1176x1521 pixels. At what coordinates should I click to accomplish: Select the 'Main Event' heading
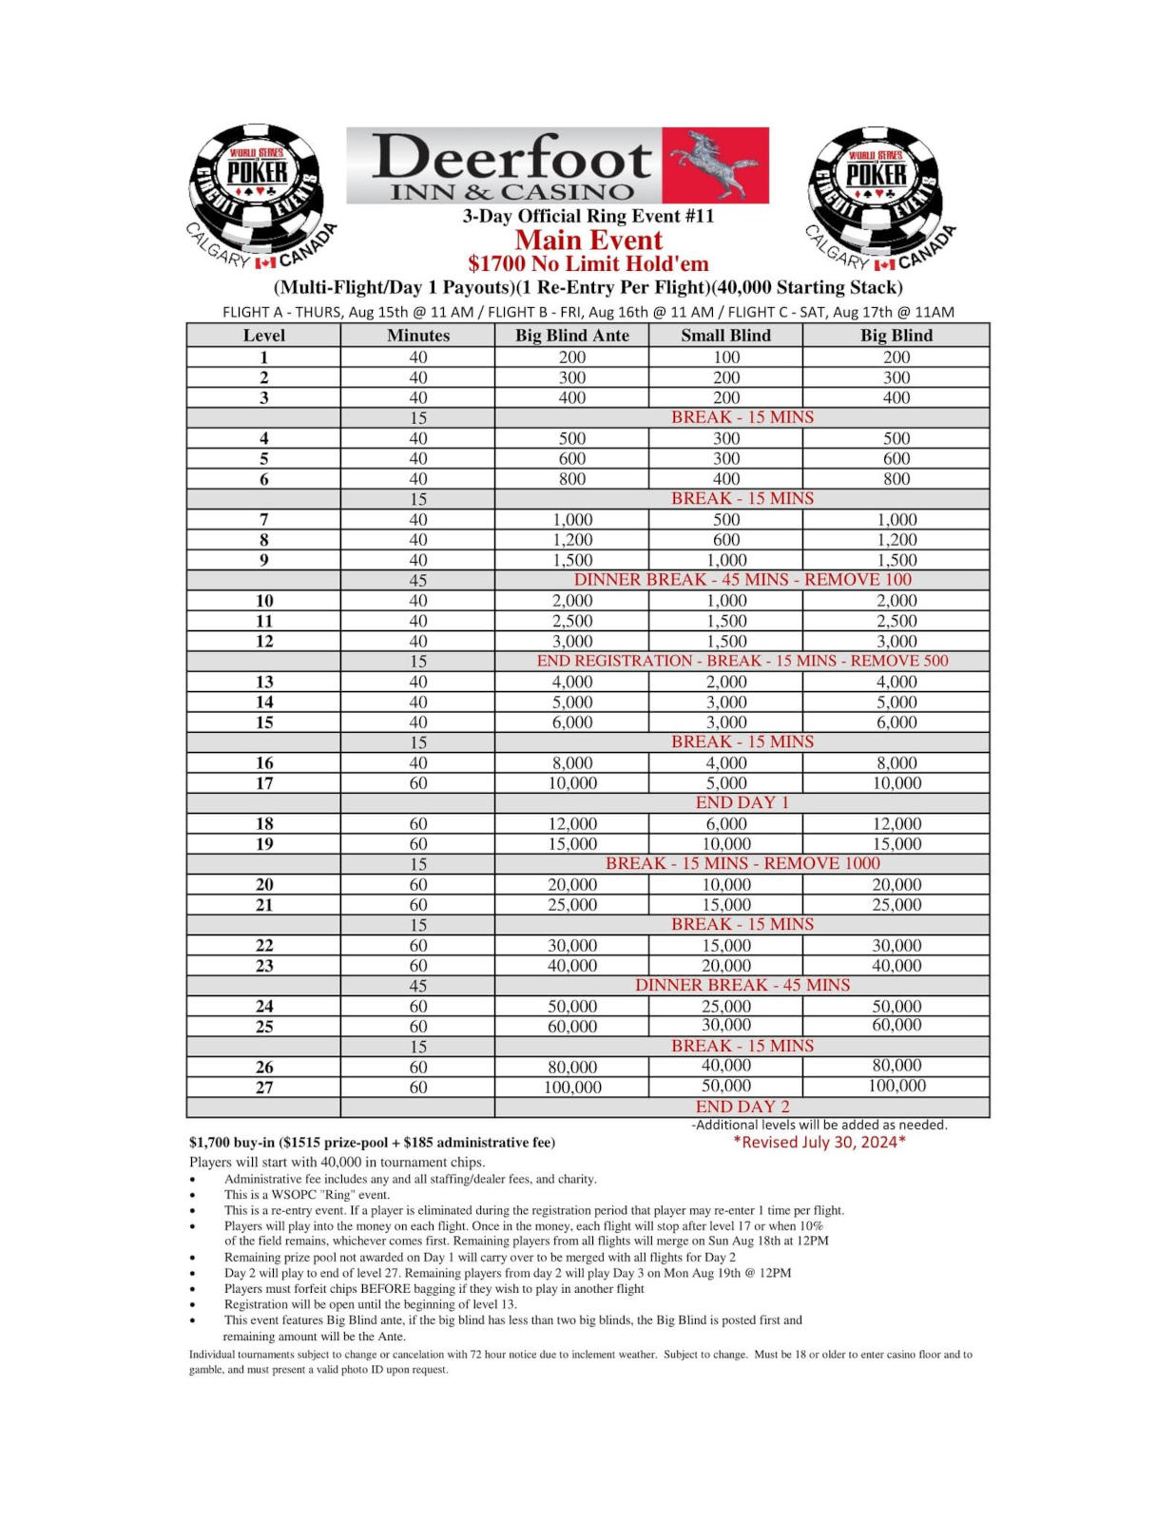click(x=588, y=240)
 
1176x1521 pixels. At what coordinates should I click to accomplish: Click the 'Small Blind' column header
click(x=725, y=335)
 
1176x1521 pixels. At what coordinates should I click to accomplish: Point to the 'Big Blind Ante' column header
click(x=571, y=335)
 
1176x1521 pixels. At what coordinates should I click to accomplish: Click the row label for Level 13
click(x=264, y=682)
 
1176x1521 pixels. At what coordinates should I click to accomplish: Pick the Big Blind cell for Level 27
click(x=896, y=1086)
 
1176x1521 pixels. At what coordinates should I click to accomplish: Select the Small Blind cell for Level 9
click(x=725, y=560)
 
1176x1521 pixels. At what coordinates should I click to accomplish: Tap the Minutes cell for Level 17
click(x=418, y=783)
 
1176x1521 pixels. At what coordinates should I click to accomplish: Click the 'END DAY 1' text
click(x=742, y=802)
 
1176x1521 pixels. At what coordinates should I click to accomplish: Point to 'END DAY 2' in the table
click(x=742, y=1107)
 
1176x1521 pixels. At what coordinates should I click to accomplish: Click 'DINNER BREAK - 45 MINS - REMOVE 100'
click(x=742, y=580)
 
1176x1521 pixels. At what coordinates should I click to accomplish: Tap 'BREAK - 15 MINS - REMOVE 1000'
click(x=742, y=863)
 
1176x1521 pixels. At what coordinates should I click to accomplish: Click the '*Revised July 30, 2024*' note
click(x=819, y=1142)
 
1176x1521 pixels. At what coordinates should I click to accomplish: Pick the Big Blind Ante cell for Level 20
click(x=571, y=884)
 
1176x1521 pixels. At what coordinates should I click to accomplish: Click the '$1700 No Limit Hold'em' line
click(x=588, y=263)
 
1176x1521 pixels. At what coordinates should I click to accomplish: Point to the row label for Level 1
click(x=264, y=357)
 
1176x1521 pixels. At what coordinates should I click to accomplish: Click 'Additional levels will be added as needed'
click(x=819, y=1125)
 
